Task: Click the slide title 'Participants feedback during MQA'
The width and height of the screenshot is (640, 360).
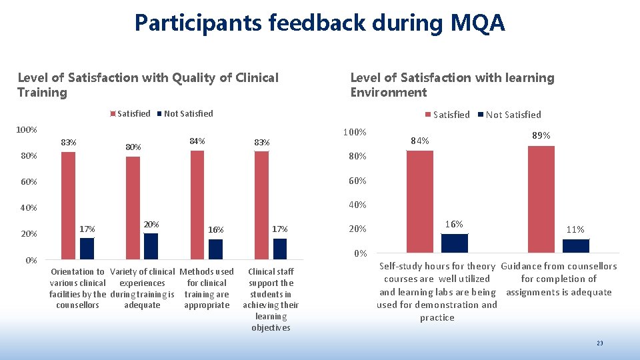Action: pos(320,23)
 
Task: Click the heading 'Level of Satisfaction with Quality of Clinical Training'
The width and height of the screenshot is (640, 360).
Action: pos(147,85)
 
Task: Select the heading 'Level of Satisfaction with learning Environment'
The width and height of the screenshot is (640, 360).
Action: pos(452,85)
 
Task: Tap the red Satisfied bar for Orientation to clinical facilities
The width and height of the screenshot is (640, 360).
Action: pos(68,205)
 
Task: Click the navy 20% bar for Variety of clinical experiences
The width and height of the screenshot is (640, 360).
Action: pos(151,246)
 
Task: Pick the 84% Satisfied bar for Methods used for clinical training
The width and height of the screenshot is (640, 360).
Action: pos(197,204)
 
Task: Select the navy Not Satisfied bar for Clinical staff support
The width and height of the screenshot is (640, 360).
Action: pos(280,249)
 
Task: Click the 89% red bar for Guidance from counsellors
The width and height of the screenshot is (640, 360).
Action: pos(541,199)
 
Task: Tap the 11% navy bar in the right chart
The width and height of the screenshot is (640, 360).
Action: pos(576,246)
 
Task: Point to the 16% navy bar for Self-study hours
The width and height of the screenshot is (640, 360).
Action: pos(455,243)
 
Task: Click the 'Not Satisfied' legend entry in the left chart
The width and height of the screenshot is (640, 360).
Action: pos(185,113)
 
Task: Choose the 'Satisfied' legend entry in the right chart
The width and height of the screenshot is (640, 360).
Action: pos(447,115)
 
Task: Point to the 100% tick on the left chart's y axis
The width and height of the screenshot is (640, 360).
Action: pos(27,129)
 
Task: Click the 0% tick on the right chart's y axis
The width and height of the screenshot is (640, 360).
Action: pos(360,254)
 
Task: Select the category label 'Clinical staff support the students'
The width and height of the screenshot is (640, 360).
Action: pos(271,299)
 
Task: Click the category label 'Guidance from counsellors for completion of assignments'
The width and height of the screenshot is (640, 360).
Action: pos(559,279)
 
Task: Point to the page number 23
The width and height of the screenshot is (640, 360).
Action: pos(599,343)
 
